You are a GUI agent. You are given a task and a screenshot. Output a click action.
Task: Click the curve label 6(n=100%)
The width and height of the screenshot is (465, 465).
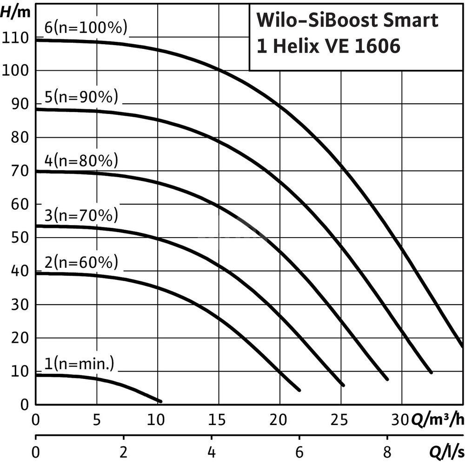pyautogui.click(x=86, y=27)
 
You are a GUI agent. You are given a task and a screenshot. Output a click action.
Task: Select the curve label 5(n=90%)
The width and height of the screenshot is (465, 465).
pyautogui.click(x=81, y=97)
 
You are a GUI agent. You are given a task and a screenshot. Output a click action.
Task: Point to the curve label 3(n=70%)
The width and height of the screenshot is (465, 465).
pyautogui.click(x=81, y=216)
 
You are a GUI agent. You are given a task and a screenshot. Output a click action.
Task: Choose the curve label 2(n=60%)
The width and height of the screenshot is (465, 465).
pyautogui.click(x=81, y=263)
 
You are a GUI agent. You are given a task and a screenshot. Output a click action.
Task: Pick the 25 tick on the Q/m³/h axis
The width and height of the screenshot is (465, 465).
pyautogui.click(x=341, y=420)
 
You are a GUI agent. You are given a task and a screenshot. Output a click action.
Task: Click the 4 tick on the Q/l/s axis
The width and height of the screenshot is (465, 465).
pyautogui.click(x=212, y=451)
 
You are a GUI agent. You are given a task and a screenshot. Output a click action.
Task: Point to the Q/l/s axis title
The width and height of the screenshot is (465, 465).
pyautogui.click(x=445, y=451)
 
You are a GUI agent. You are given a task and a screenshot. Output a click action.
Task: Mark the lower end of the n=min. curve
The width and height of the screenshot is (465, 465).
pyautogui.click(x=160, y=401)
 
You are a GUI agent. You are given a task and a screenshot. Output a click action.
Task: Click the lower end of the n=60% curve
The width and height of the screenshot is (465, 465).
pyautogui.click(x=299, y=390)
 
